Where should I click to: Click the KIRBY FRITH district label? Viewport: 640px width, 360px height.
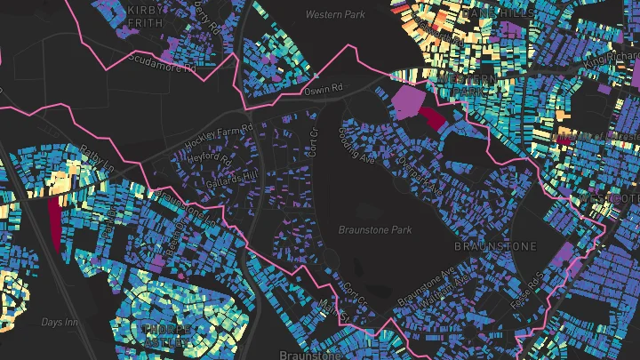click(x=146, y=15)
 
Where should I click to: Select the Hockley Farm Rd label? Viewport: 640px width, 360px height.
click(x=219, y=138)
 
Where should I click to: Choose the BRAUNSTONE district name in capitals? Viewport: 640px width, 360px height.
click(x=496, y=245)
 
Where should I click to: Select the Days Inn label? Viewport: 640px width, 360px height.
click(x=60, y=321)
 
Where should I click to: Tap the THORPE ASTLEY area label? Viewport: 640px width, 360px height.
click(x=165, y=335)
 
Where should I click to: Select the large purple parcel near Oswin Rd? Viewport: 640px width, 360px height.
click(x=410, y=100)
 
